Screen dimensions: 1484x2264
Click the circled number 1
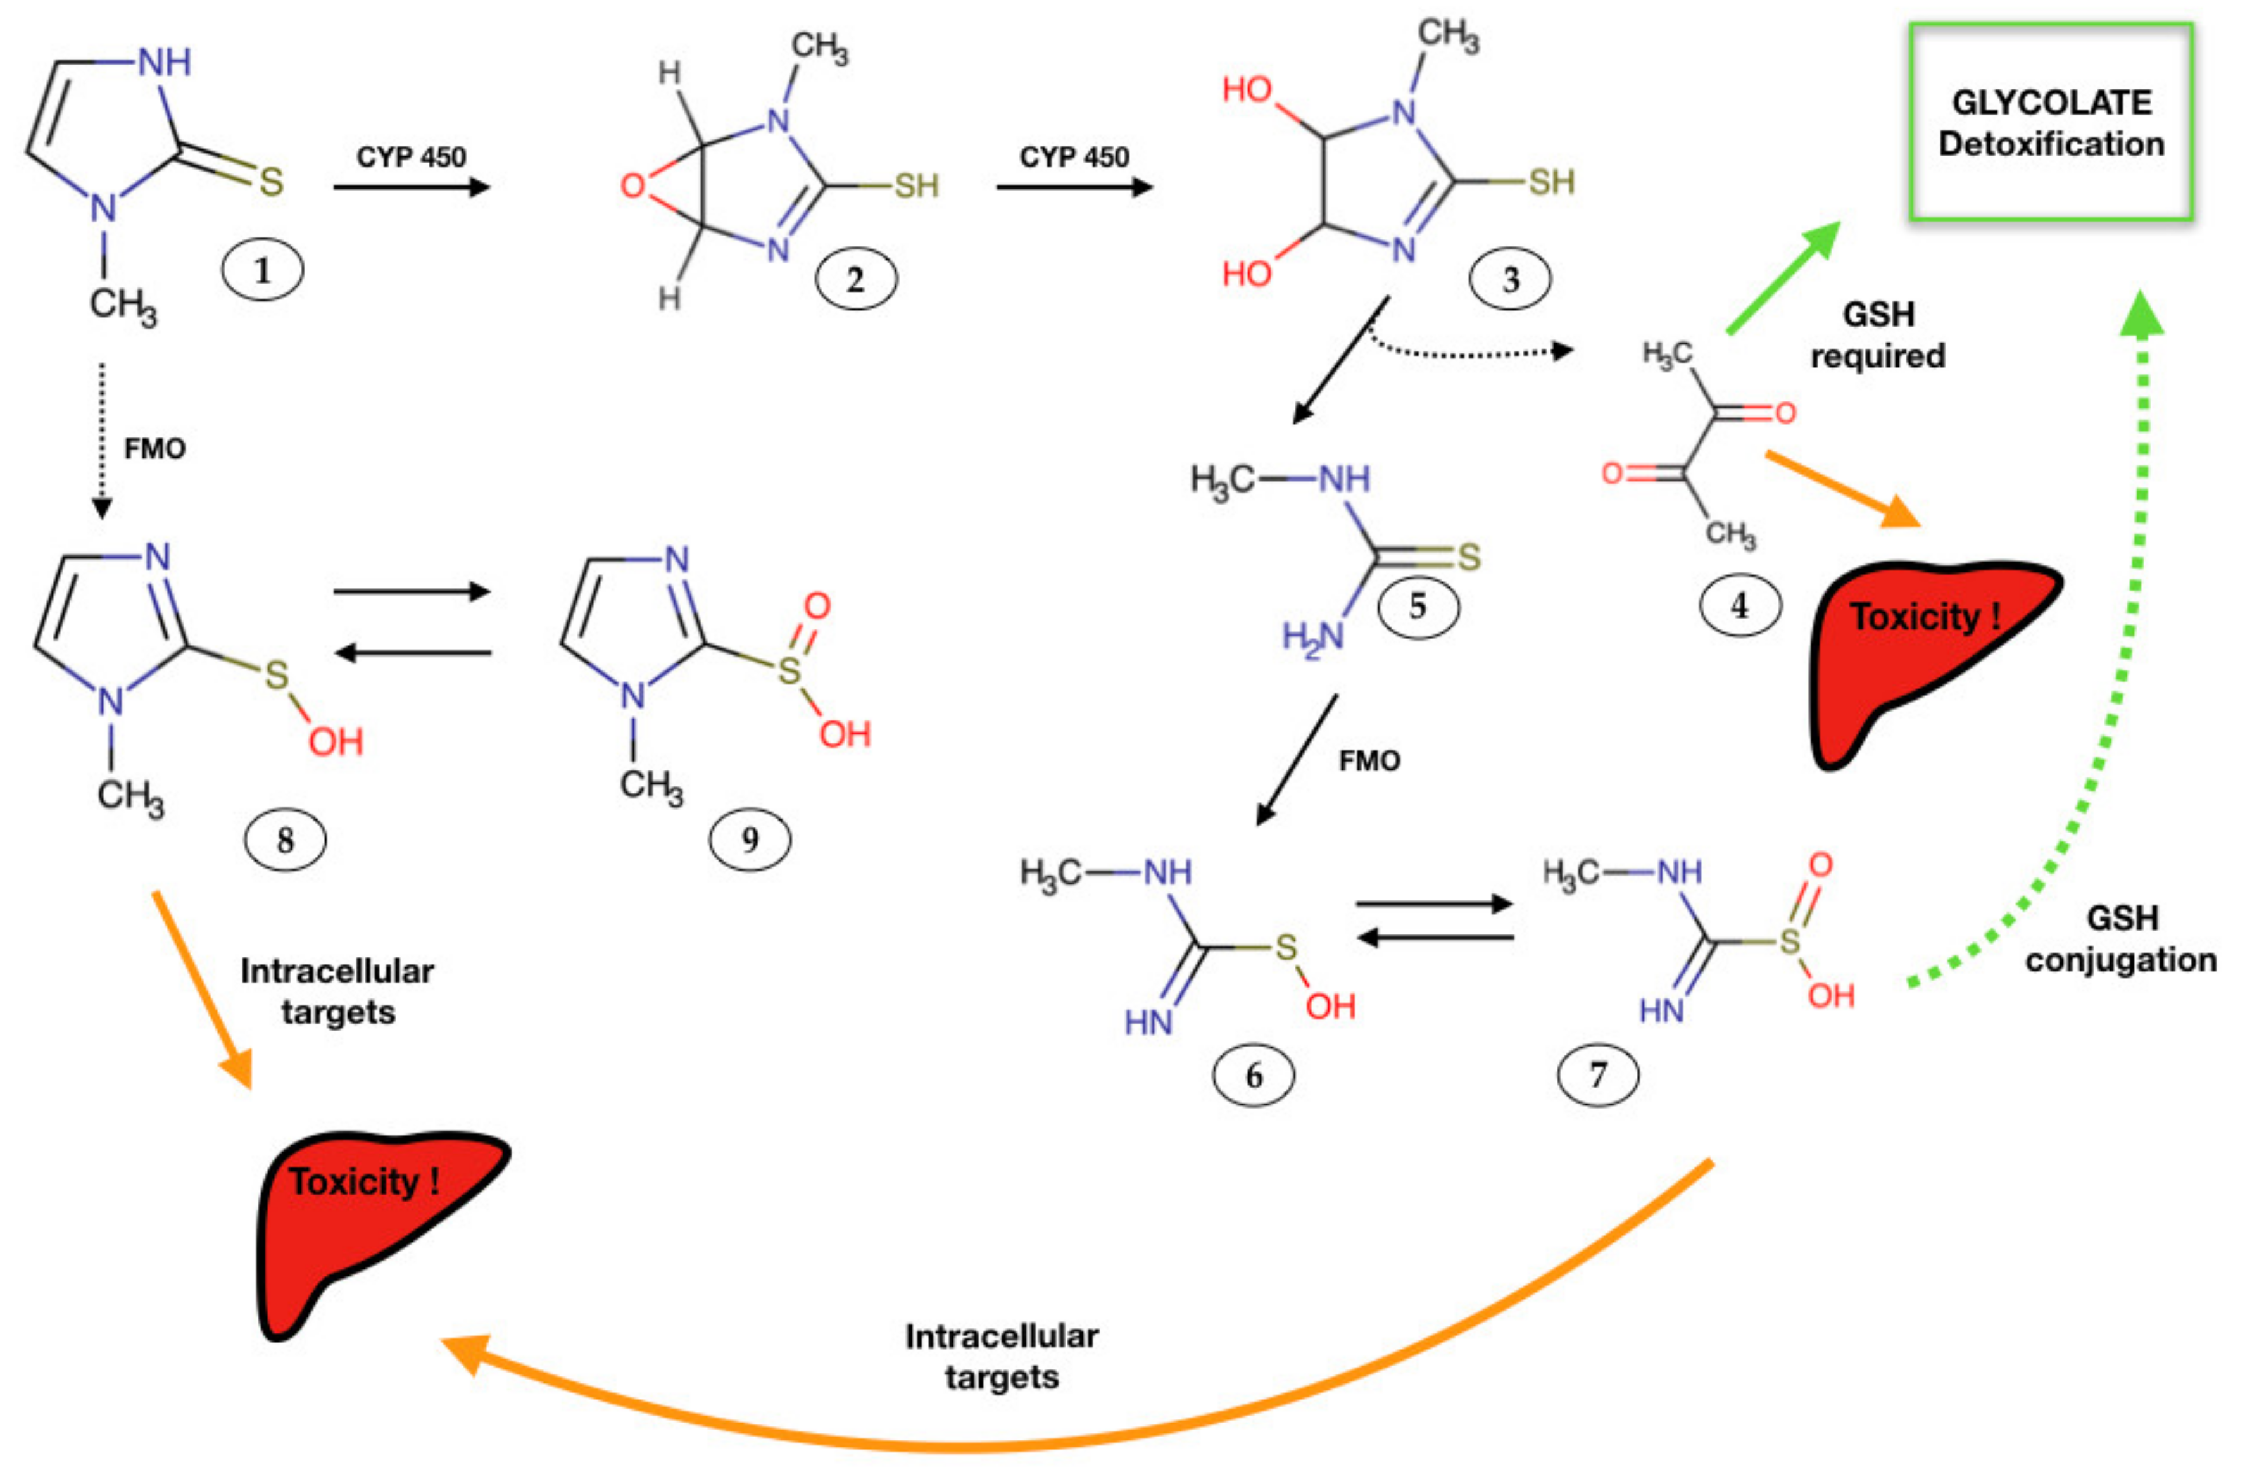tap(263, 270)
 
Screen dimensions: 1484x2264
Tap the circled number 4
tap(1740, 605)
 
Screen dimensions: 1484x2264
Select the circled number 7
tap(1598, 1075)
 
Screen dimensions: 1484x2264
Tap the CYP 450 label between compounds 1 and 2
tap(411, 157)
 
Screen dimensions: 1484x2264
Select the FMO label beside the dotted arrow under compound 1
tap(155, 448)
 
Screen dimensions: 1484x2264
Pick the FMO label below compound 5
tap(1370, 761)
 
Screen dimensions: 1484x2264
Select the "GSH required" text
tap(1878, 335)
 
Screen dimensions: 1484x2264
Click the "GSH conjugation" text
tap(2122, 939)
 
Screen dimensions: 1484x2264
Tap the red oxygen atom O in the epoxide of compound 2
tap(632, 185)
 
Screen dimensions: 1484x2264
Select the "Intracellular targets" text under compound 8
tap(337, 991)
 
